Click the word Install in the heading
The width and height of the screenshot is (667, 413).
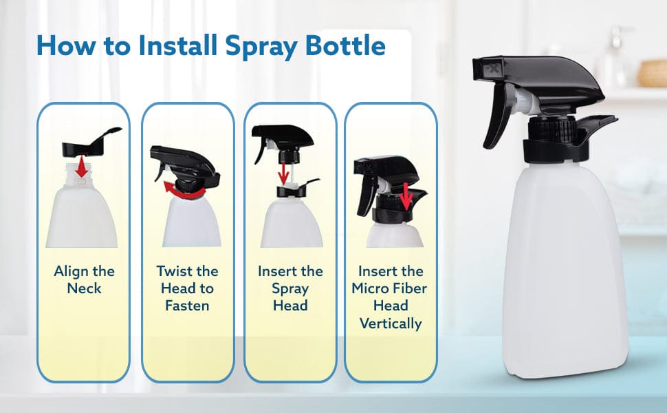click(178, 45)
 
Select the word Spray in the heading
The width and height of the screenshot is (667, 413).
click(261, 47)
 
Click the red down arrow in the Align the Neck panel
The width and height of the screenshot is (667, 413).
click(82, 167)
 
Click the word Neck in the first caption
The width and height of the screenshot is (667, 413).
click(84, 288)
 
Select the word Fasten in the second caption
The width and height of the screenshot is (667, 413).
click(187, 306)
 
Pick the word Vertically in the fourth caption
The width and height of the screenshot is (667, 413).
click(391, 323)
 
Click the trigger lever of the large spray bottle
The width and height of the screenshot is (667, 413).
click(498, 115)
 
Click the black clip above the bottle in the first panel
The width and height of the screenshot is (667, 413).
click(90, 143)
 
